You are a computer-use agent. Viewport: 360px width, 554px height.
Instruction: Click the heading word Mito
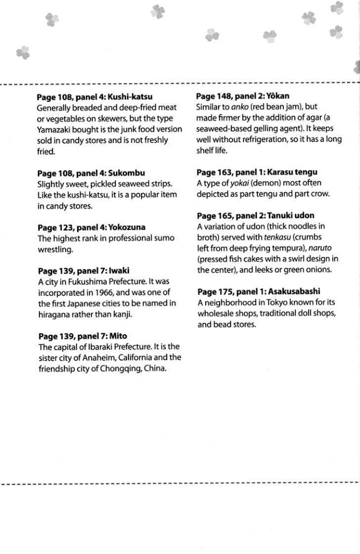click(117, 336)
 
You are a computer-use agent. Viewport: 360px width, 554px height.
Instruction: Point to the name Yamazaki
click(56, 130)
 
